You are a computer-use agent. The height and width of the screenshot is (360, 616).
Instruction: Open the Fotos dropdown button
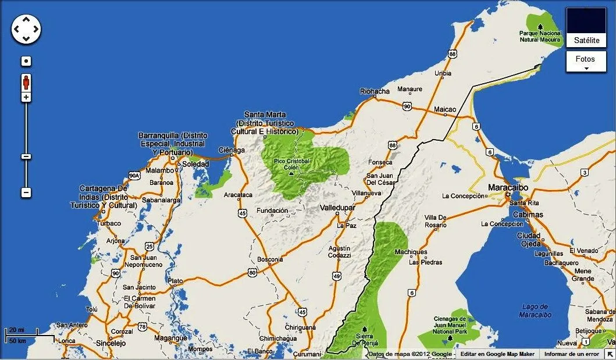[586, 61]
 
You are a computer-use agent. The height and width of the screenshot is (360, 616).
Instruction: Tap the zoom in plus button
[26, 97]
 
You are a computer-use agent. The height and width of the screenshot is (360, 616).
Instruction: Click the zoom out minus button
[26, 193]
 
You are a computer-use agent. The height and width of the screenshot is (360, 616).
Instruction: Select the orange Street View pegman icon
[26, 82]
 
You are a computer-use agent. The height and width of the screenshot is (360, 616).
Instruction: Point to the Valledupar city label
[337, 208]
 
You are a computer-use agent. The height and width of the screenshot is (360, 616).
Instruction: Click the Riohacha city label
[375, 91]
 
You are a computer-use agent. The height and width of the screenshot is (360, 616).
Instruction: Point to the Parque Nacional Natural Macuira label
[541, 37]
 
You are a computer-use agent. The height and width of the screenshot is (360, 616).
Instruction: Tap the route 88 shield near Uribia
[454, 54]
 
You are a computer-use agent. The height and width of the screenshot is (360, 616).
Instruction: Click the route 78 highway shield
[143, 327]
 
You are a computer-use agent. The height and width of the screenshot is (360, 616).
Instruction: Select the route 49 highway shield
[337, 276]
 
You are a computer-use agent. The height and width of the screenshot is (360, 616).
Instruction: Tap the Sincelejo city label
[111, 343]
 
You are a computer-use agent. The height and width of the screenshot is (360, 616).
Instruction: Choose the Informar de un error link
[571, 354]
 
